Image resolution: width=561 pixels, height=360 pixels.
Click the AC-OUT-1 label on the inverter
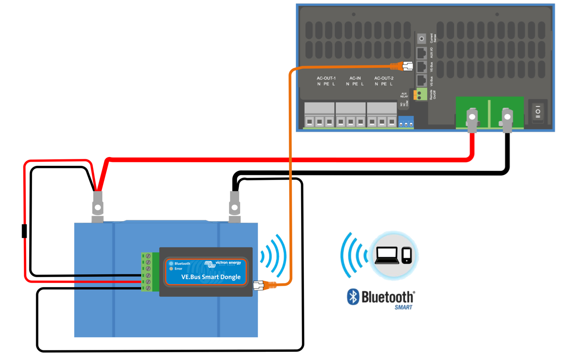[x=326, y=78]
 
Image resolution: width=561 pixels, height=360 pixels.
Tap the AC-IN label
[x=355, y=78]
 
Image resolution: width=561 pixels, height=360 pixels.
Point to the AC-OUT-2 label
[x=384, y=78]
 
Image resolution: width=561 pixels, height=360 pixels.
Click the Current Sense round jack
[x=422, y=38]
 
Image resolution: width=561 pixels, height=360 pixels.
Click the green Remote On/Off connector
[x=420, y=95]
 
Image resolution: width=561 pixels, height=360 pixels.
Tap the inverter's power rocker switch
[x=538, y=111]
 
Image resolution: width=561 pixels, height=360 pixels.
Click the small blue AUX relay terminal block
[x=406, y=122]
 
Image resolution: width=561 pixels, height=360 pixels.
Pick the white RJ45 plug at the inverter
[x=407, y=66]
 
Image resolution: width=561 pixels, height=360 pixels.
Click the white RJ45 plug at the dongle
[x=259, y=286]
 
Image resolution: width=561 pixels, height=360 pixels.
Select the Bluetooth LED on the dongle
[x=171, y=264]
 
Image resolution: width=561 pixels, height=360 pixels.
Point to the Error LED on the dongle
[x=171, y=269]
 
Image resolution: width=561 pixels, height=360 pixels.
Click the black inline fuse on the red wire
[x=24, y=231]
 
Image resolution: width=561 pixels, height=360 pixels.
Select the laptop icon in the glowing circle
[x=387, y=256]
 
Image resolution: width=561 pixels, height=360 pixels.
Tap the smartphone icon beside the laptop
[x=407, y=256]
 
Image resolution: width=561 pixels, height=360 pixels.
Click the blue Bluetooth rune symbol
[x=352, y=297]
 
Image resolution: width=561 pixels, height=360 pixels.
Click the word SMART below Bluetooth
[x=403, y=307]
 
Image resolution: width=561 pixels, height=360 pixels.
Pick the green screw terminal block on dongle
[x=147, y=272]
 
